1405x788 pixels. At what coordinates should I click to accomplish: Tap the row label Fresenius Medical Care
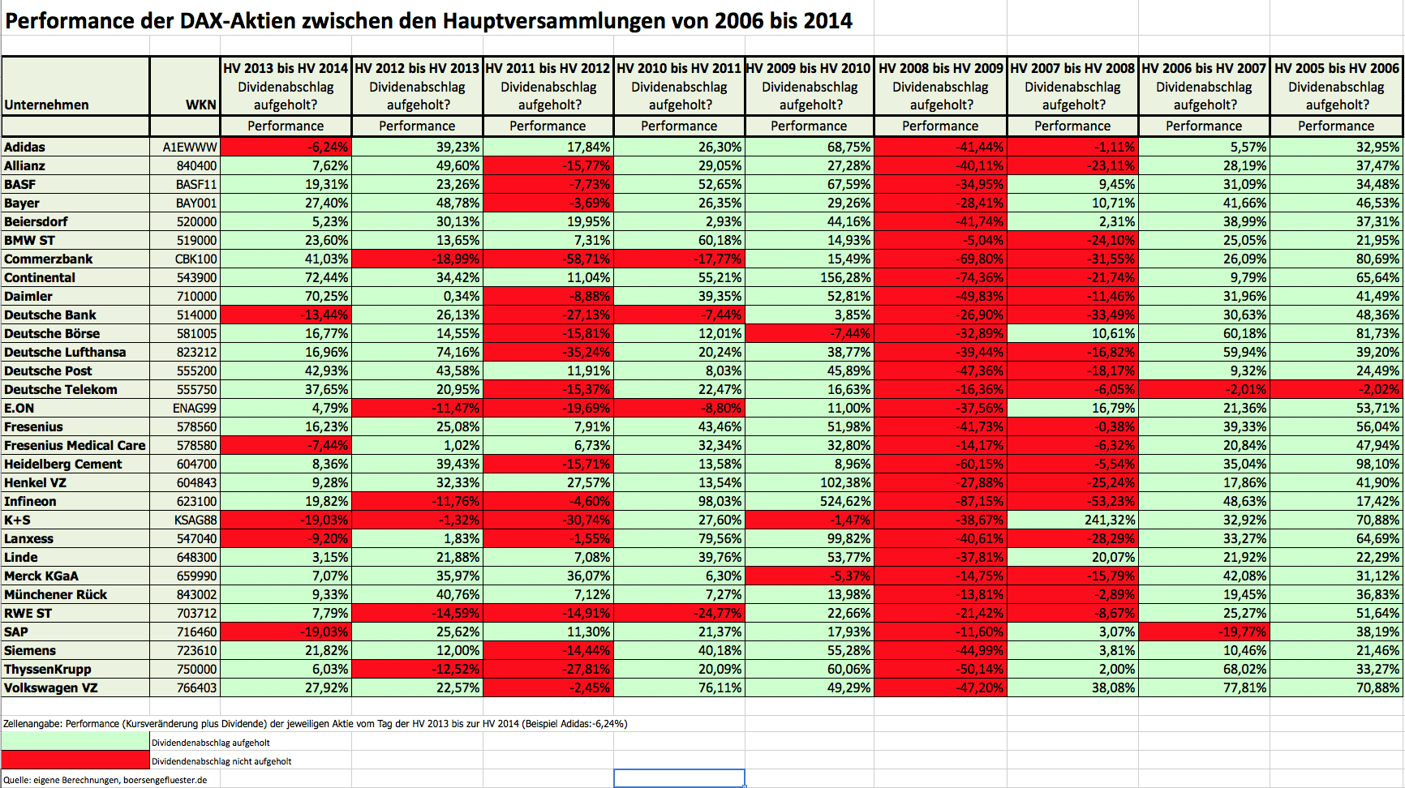[75, 446]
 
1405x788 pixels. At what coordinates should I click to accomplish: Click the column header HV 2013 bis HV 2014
[286, 69]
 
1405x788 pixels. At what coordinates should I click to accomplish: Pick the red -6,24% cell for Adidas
[286, 148]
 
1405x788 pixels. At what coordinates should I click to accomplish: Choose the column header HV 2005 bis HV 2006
[1336, 69]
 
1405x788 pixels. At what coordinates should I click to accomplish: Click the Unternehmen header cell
[46, 105]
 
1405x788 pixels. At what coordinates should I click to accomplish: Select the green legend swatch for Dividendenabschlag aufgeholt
[75, 742]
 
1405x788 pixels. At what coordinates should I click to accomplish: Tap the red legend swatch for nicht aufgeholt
[75, 760]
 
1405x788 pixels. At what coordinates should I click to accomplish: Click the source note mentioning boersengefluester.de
[105, 780]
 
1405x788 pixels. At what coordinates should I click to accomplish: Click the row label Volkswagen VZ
[50, 688]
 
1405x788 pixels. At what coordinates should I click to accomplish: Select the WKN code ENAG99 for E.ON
[194, 409]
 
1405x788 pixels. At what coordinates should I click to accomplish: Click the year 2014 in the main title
[828, 21]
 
